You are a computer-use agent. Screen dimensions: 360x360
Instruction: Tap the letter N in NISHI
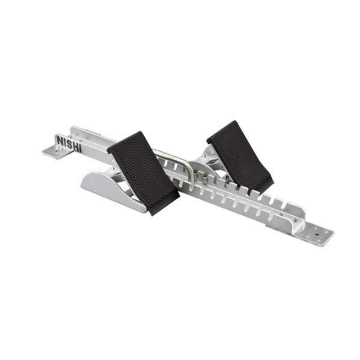coord(60,140)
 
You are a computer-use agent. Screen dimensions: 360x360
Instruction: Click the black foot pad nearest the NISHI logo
coord(143,173)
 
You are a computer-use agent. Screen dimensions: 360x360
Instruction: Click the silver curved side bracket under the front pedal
coord(113,190)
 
